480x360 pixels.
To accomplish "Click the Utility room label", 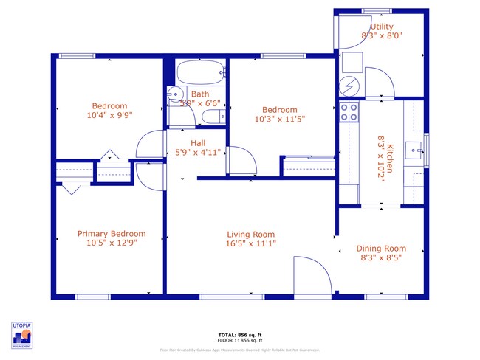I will [x=382, y=27].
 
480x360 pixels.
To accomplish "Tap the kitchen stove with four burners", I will [x=349, y=112].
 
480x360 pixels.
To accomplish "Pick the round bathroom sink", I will [x=174, y=94].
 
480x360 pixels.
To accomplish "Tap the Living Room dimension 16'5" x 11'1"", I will [x=251, y=243].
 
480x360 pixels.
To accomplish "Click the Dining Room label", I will [x=381, y=249].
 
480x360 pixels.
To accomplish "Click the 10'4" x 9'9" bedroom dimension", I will [x=109, y=115].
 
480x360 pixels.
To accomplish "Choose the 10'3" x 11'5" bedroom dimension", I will [x=279, y=119].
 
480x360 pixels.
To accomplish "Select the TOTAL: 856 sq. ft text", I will [x=239, y=335].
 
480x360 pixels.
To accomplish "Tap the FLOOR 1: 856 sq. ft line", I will [x=239, y=340].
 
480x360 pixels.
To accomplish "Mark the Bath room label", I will [x=199, y=94].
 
